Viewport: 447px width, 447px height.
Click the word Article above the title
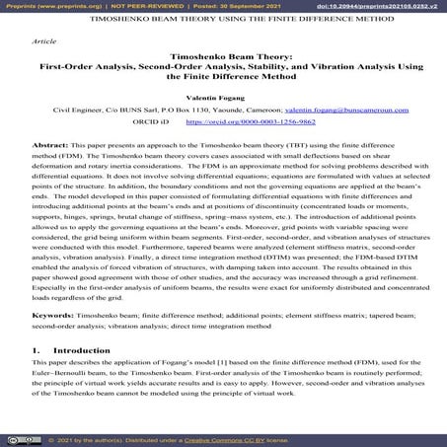tap(45, 43)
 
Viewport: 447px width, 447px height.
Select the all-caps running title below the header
tap(223, 20)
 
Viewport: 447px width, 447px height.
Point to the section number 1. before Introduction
tap(36, 349)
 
